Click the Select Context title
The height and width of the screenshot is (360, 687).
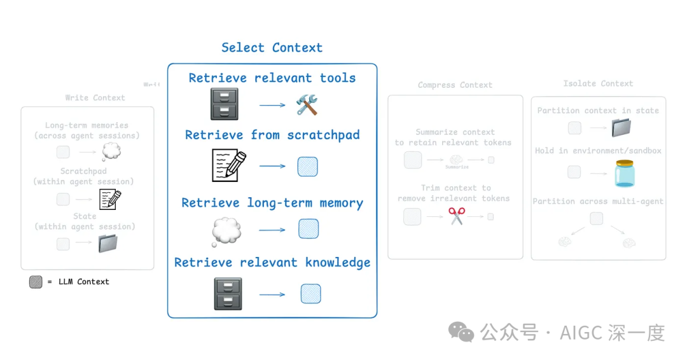click(272, 48)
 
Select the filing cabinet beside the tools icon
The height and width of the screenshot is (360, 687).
click(224, 104)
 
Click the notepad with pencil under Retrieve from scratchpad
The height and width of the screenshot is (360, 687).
click(228, 165)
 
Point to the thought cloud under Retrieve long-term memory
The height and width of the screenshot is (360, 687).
click(226, 231)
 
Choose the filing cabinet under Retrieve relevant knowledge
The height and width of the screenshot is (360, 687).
click(228, 294)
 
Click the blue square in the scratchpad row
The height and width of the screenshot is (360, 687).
click(308, 167)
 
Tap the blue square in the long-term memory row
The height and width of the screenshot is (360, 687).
click(309, 229)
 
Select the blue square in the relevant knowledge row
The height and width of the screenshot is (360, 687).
click(310, 294)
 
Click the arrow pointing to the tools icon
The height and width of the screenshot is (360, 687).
click(273, 105)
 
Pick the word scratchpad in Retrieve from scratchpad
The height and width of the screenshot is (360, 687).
click(323, 135)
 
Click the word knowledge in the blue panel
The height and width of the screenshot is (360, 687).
click(338, 262)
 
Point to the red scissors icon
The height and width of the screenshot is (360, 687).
click(457, 216)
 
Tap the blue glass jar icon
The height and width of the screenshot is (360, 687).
click(625, 173)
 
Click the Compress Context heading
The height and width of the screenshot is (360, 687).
click(455, 85)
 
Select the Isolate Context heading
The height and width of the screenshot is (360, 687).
click(598, 83)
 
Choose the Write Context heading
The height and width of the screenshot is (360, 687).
click(95, 98)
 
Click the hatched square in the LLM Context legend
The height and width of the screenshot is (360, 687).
click(36, 282)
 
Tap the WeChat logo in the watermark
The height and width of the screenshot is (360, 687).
click(461, 331)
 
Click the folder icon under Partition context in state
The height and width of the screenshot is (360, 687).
click(620, 128)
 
